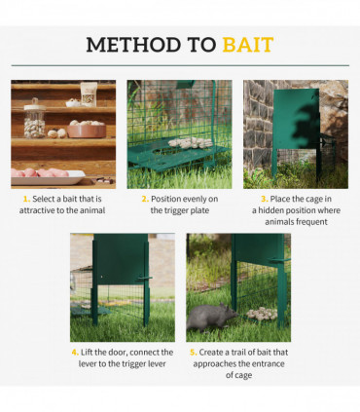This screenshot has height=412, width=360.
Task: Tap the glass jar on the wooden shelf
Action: pyautogui.click(x=36, y=126)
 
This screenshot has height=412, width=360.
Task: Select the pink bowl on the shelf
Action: pyautogui.click(x=87, y=130)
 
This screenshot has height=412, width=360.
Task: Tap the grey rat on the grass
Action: pyautogui.click(x=213, y=317)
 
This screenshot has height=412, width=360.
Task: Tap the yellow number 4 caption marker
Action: pyautogui.click(x=74, y=353)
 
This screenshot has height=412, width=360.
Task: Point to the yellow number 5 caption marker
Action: pyautogui.click(x=192, y=353)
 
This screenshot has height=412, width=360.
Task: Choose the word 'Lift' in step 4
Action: pyautogui.click(x=90, y=353)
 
